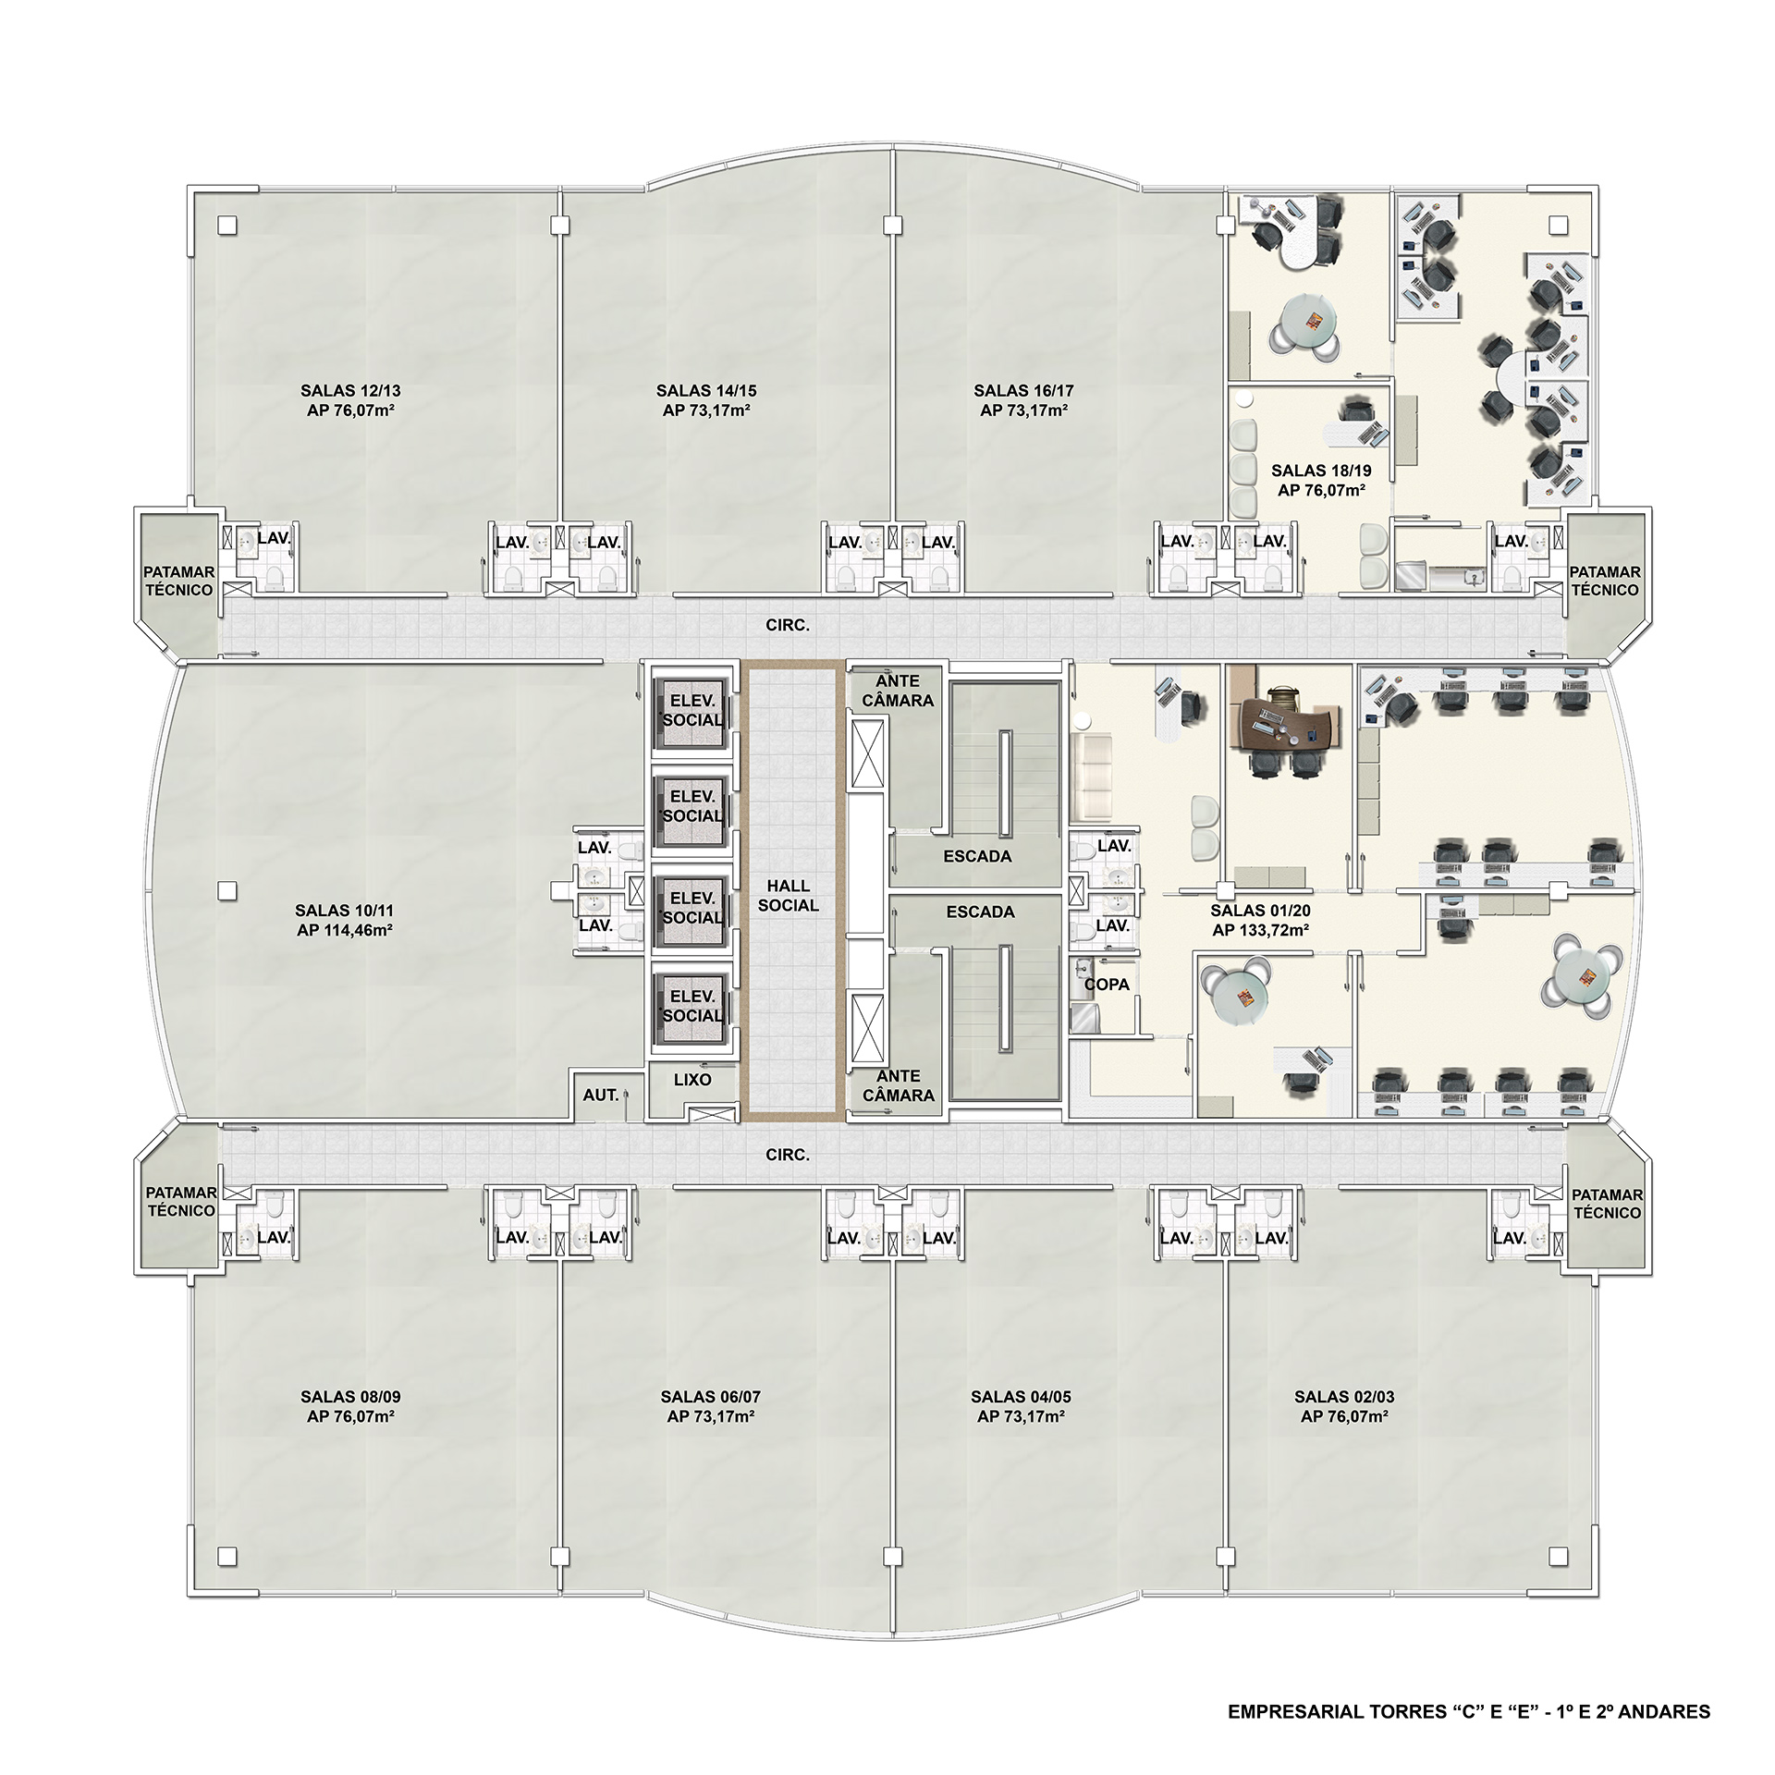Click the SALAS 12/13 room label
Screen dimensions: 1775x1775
(350, 390)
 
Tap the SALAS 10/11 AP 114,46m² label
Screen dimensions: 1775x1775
(345, 921)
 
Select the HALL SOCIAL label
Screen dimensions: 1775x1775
(789, 896)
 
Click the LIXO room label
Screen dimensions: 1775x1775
(692, 1079)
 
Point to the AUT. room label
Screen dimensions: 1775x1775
(601, 1095)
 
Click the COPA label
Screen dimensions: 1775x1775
(1107, 985)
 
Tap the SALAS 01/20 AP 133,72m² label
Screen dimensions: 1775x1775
(1260, 921)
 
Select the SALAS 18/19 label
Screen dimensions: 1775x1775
(1321, 471)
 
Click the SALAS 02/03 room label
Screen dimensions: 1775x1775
(1344, 1397)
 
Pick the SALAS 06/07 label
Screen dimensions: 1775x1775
(710, 1397)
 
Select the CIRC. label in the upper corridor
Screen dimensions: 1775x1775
(788, 626)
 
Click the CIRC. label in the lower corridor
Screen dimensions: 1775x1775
(788, 1155)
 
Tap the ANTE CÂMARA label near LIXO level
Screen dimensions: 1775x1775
(899, 1085)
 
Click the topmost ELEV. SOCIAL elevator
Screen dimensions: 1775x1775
(692, 712)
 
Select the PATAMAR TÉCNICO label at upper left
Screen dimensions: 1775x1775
(179, 581)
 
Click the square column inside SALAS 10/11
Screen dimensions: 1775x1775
(226, 891)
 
